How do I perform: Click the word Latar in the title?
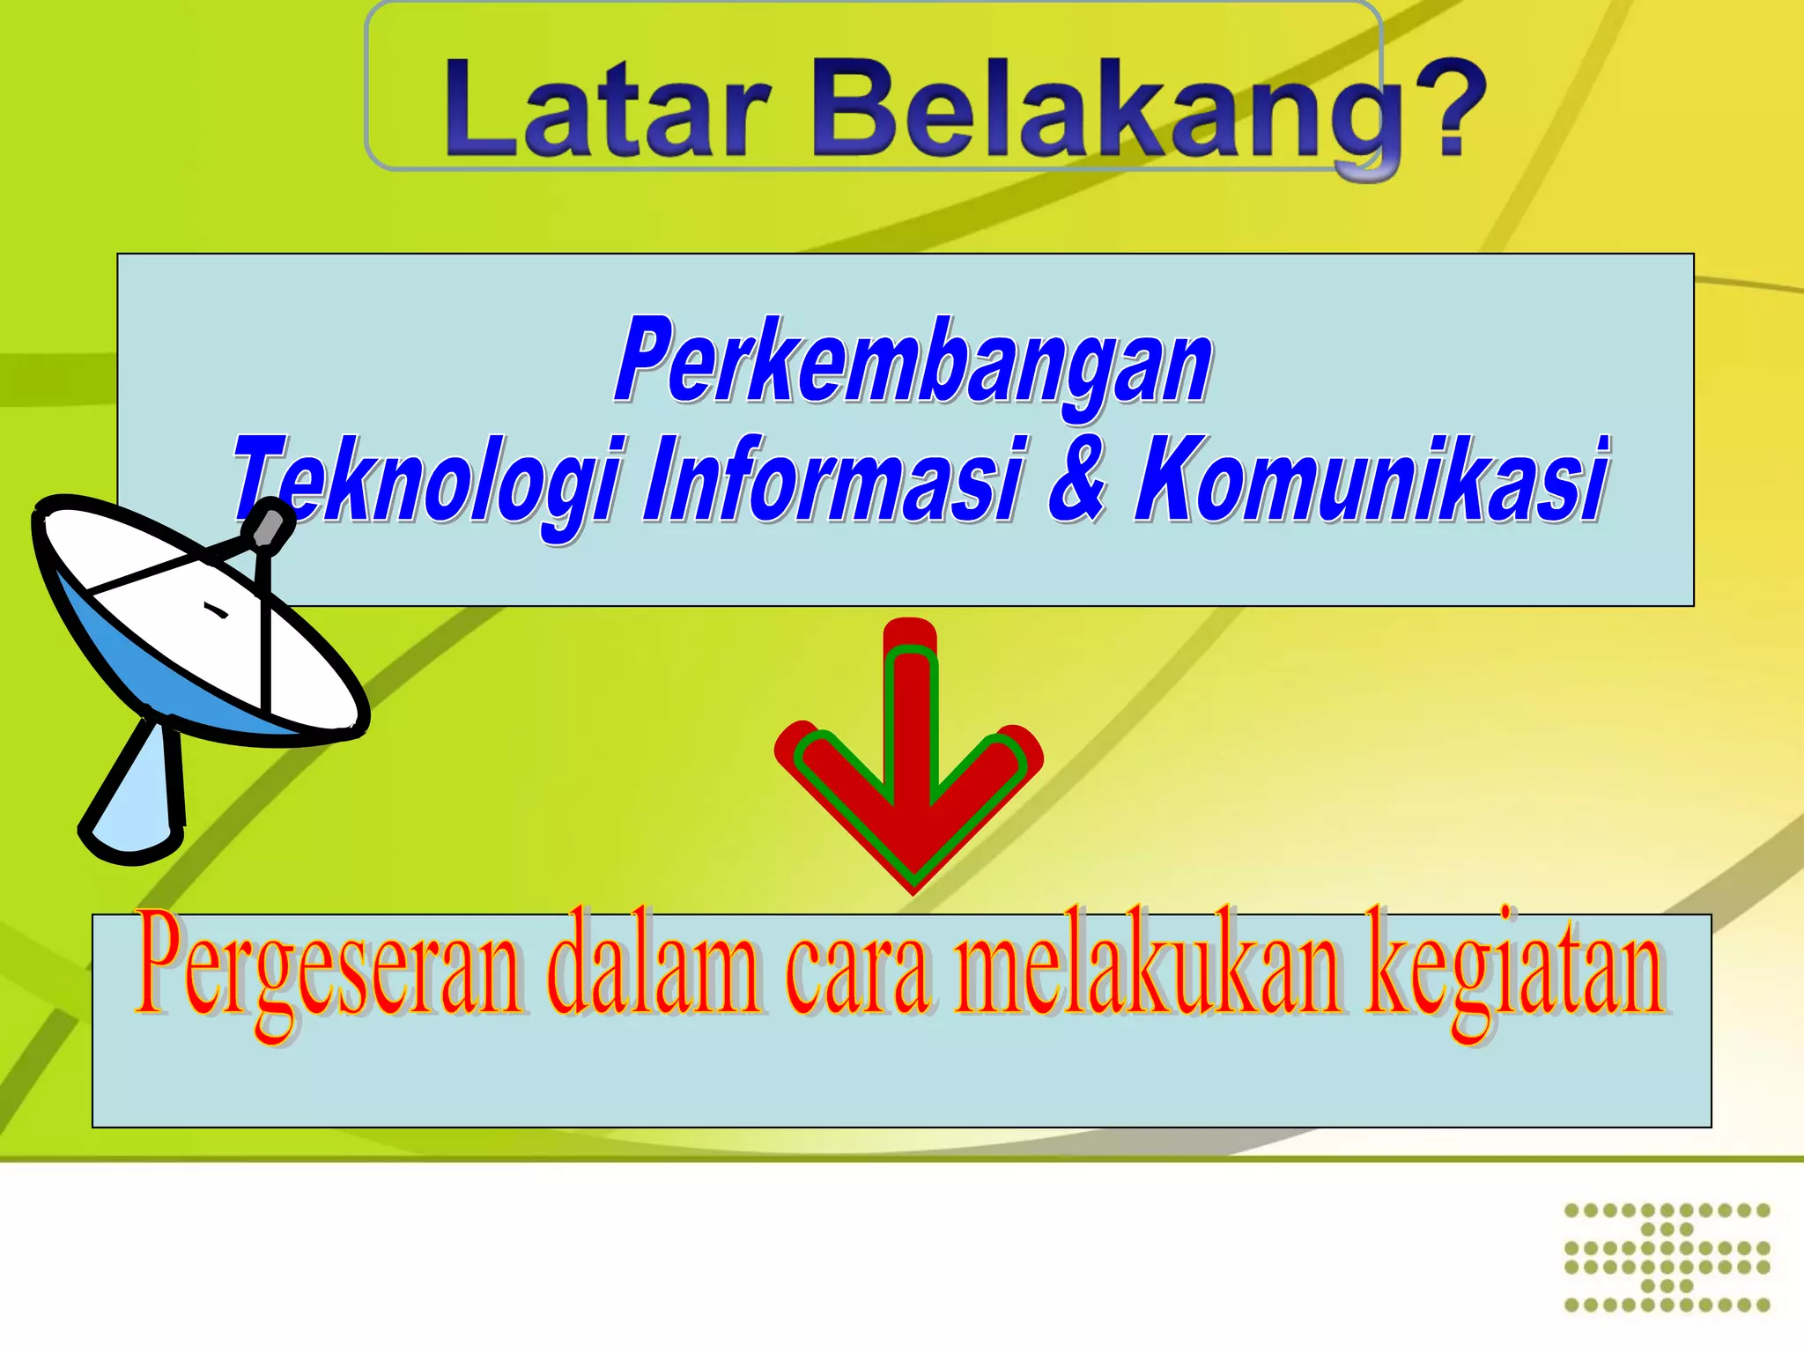tap(608, 110)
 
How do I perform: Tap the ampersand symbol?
tap(1076, 480)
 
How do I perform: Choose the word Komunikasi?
tap(1371, 480)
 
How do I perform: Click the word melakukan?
tap(1150, 969)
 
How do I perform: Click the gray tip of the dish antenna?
tap(267, 526)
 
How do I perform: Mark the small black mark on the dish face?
tap(216, 610)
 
